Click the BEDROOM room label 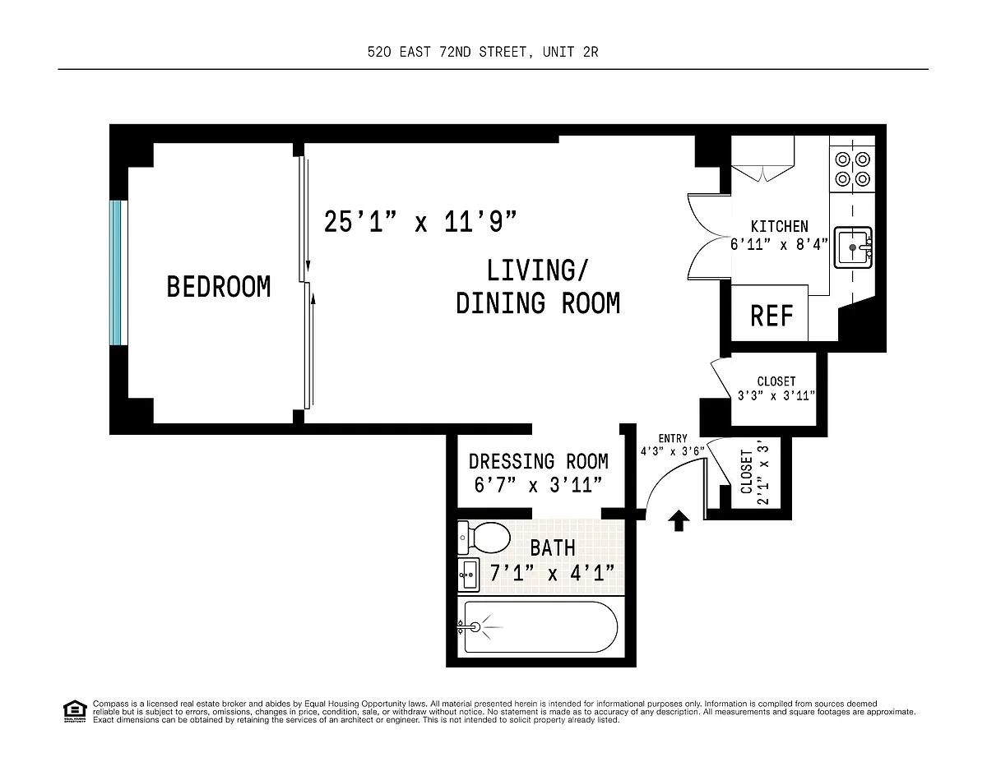(219, 286)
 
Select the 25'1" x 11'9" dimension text (420, 221)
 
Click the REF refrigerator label (772, 316)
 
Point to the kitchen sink (853, 247)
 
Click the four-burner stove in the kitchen (853, 169)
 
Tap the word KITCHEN (780, 226)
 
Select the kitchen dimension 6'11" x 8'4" (779, 245)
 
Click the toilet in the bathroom (484, 538)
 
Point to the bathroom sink (468, 575)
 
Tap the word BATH (553, 547)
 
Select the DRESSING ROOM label (538, 462)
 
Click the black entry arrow (679, 520)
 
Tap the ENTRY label (673, 438)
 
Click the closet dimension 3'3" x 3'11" (776, 395)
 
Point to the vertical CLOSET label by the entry (746, 472)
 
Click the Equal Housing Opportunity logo (75, 711)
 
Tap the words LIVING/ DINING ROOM (538, 286)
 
